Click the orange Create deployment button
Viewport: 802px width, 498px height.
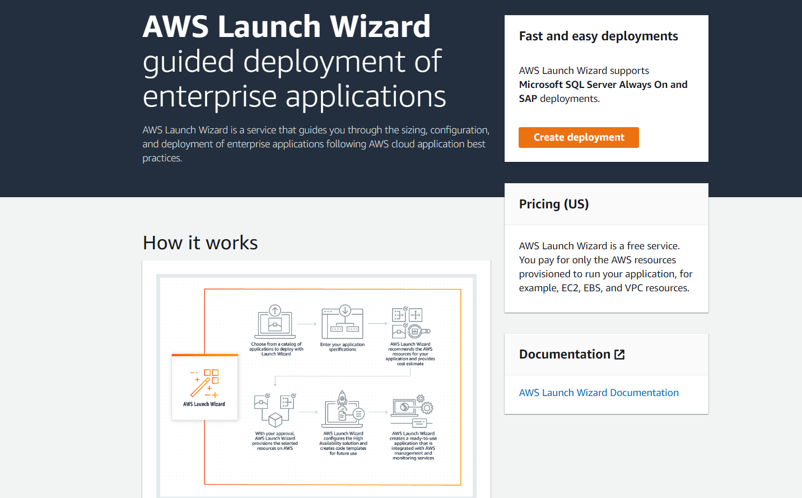coord(579,137)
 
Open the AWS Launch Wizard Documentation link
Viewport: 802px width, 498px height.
coord(599,393)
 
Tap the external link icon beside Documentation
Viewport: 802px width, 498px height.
coord(619,354)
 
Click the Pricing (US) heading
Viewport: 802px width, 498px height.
coord(554,204)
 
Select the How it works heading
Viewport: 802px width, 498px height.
coord(200,243)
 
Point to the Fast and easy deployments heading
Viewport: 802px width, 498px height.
coord(598,36)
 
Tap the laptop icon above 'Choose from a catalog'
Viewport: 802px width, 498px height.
coord(275,323)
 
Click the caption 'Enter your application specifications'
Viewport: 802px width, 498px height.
coord(342,347)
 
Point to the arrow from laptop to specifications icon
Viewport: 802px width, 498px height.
coord(307,324)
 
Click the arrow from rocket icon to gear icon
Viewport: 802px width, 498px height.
coord(378,412)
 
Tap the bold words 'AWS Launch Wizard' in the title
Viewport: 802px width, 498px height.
coord(286,26)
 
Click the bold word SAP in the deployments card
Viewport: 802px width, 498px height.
coord(528,99)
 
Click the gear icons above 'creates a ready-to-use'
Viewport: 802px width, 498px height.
coord(425,404)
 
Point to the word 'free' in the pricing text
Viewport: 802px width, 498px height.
coord(635,246)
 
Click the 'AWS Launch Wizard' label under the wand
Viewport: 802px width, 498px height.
coord(204,404)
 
